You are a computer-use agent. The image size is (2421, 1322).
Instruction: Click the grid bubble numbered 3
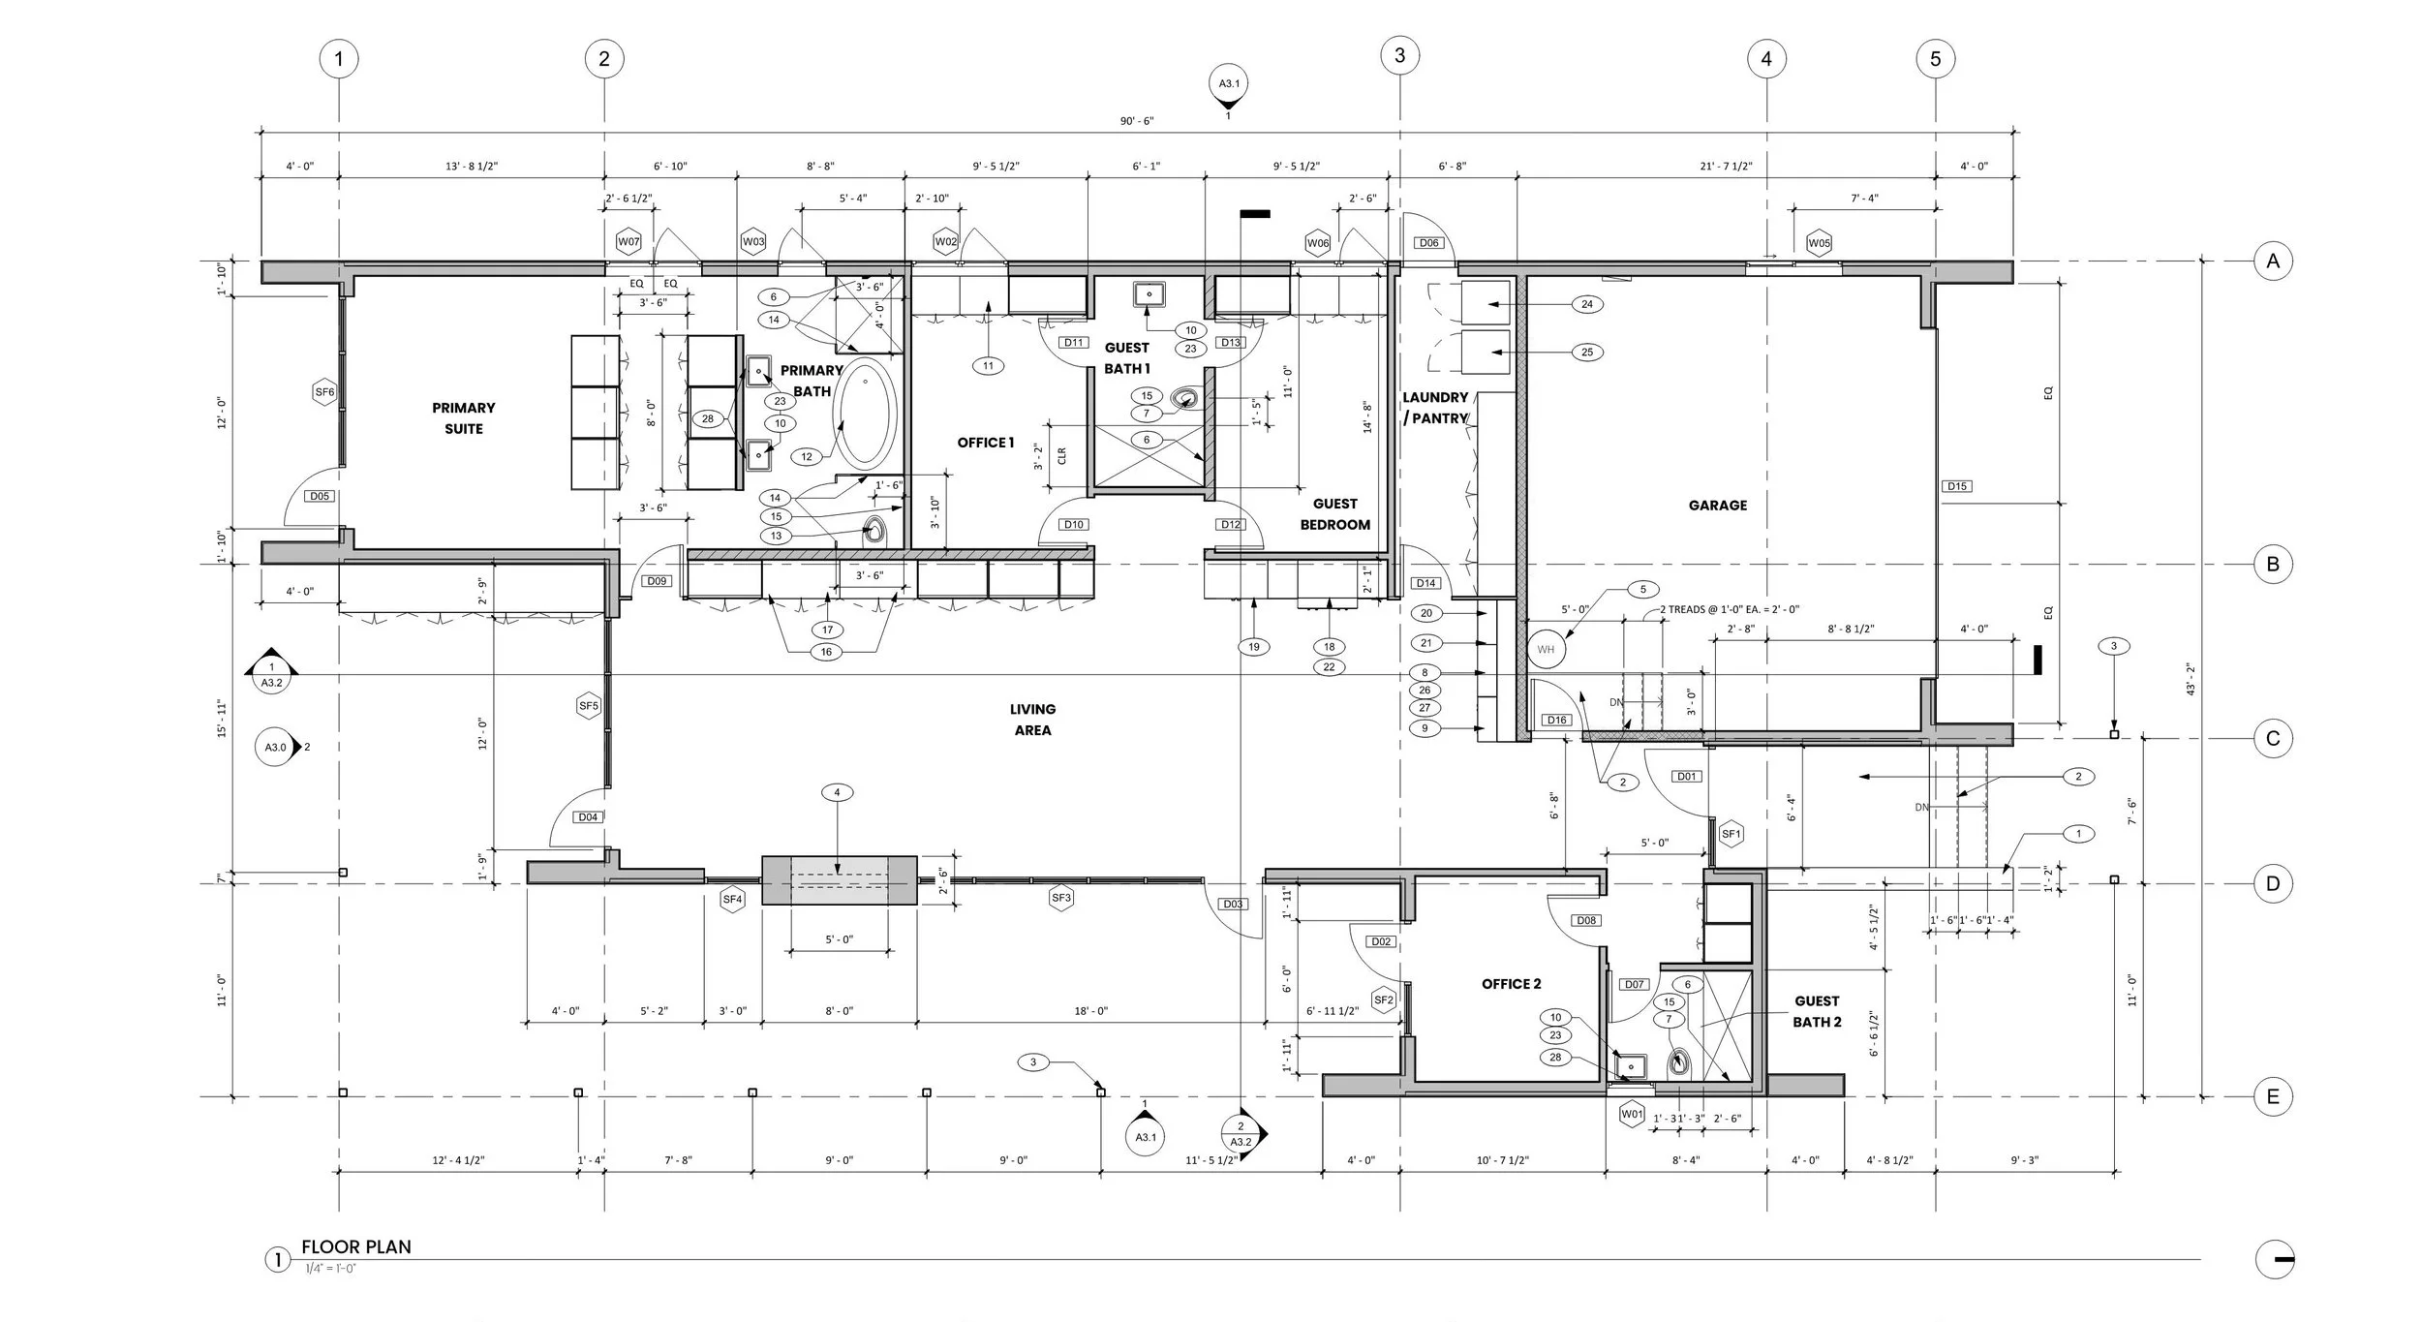(x=1399, y=55)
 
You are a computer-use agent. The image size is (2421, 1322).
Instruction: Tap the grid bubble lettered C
(x=2272, y=739)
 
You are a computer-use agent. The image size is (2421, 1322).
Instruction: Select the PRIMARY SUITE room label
(x=464, y=418)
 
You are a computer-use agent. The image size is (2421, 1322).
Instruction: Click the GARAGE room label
(x=1717, y=505)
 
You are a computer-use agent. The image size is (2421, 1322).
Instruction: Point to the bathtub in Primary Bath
(x=865, y=415)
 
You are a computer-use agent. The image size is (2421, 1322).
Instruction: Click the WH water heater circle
(x=1546, y=649)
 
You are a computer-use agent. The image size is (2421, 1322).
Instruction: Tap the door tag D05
(x=319, y=496)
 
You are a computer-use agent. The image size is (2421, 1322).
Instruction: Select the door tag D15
(x=1956, y=486)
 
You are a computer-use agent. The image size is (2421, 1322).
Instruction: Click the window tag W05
(x=1819, y=243)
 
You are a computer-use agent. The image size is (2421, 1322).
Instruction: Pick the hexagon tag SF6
(x=324, y=392)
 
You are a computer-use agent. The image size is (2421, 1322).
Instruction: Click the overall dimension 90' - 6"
(x=1137, y=121)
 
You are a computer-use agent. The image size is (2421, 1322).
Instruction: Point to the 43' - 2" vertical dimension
(x=2190, y=678)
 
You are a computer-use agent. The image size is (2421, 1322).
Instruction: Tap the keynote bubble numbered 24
(x=1586, y=304)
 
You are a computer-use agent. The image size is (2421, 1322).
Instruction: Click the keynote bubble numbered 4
(x=837, y=792)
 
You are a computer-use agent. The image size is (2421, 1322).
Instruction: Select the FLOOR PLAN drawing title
(x=355, y=1246)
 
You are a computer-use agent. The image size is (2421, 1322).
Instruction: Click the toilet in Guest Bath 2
(x=1679, y=1064)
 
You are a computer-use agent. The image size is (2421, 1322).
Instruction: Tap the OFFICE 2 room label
(x=1511, y=984)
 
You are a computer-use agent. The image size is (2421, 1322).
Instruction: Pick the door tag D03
(x=1232, y=904)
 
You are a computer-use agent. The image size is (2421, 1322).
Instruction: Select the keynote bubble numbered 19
(x=1253, y=646)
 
